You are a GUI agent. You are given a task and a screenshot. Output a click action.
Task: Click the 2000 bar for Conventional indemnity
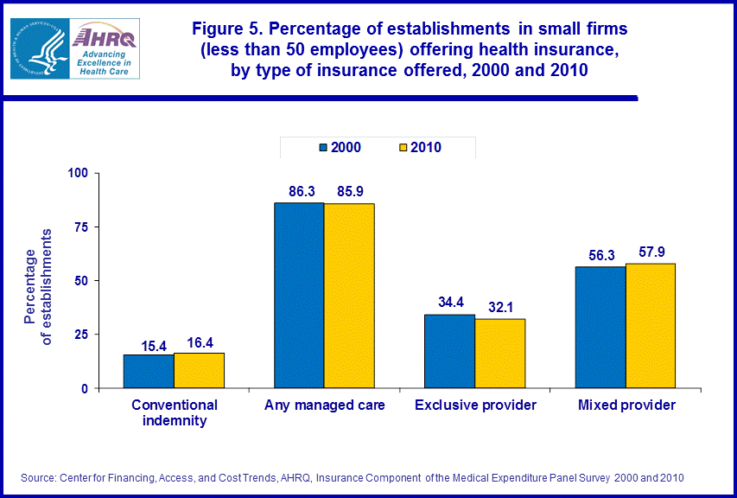(149, 372)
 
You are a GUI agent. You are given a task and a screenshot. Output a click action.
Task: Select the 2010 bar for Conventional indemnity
(199, 370)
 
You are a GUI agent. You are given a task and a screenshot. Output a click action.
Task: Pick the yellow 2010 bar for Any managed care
(349, 296)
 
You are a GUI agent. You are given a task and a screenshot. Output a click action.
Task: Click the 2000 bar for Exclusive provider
(449, 351)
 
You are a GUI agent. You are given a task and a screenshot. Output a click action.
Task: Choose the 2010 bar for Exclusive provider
(499, 354)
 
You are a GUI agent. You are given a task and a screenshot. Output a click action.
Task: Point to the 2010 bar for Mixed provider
(650, 326)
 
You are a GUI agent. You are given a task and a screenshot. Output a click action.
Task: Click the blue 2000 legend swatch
(324, 148)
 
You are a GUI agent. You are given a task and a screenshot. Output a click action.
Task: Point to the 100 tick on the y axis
(79, 173)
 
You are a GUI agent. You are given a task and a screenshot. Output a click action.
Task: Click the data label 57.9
(650, 251)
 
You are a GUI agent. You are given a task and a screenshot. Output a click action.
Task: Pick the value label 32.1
(499, 306)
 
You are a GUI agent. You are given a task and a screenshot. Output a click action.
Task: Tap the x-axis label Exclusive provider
(475, 405)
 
